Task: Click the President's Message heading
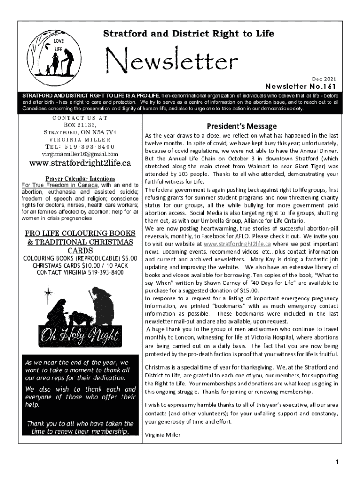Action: (x=241, y=126)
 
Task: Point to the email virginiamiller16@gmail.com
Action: (x=79, y=153)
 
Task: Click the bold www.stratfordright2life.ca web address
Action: (x=80, y=164)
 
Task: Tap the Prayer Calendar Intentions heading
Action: (x=80, y=179)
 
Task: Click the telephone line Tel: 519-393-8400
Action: (x=79, y=146)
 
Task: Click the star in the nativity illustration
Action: (x=48, y=294)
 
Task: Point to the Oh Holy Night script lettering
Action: (x=79, y=335)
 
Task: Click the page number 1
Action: (x=336, y=463)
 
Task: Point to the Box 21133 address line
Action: (x=79, y=125)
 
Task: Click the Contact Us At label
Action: (x=79, y=118)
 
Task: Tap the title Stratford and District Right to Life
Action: (x=188, y=34)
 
